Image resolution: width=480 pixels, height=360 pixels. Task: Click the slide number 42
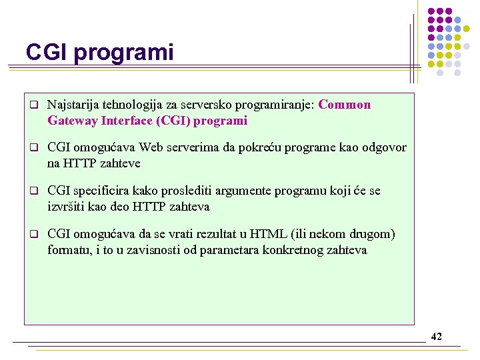436,337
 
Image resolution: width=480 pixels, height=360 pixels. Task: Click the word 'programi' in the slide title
124,53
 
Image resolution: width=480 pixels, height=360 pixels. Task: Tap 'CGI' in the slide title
47,53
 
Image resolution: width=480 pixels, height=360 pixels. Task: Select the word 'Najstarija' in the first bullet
73,105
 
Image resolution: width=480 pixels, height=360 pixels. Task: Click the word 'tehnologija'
133,105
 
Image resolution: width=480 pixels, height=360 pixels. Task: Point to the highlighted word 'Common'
345,105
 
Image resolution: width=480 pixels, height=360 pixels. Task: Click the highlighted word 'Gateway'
72,121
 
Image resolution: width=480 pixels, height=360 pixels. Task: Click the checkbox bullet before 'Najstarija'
32,105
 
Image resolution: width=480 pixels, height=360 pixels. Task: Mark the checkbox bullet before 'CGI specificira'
32,191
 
